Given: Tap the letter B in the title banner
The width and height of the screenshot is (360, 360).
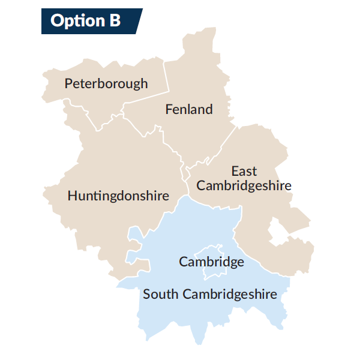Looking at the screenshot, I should tap(114, 21).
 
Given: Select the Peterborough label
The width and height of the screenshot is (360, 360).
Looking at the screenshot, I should tap(106, 83).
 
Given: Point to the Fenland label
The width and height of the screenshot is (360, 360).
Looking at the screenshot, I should tap(189, 109).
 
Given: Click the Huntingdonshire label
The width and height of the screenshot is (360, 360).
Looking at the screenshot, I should tap(118, 196).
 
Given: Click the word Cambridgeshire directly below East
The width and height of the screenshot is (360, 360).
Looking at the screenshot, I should tap(244, 185).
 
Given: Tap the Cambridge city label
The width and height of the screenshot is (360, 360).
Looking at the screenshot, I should tap(211, 262).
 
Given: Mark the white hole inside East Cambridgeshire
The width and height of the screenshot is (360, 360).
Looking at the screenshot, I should tap(277, 231).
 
